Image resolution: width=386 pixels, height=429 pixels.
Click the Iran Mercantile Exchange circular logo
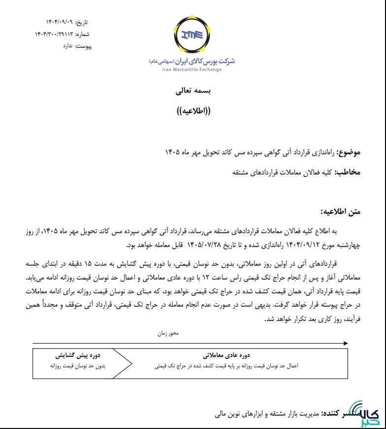point(192,35)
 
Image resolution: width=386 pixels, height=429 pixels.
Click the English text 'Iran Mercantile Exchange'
point(192,70)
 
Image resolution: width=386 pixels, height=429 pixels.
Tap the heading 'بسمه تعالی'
point(193,91)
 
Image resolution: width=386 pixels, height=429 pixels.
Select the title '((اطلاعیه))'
point(193,111)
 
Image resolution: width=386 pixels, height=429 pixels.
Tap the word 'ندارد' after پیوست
point(66,46)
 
